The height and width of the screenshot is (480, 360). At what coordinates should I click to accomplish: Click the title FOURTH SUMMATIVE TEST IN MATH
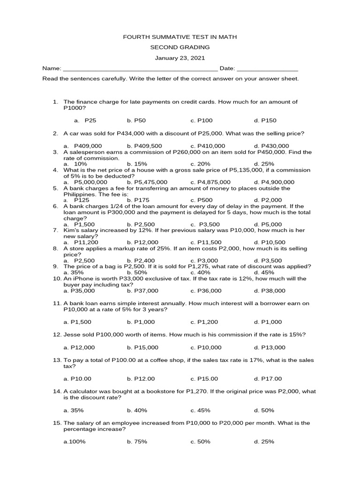pos(180,37)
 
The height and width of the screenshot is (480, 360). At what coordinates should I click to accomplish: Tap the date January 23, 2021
pos(180,58)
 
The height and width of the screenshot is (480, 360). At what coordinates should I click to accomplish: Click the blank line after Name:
pos(140,69)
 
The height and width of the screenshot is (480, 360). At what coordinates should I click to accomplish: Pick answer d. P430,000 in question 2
pos(271,146)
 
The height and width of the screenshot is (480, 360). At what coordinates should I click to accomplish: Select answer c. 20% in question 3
pos(201,164)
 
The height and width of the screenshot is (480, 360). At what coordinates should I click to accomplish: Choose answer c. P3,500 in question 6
pos(205,225)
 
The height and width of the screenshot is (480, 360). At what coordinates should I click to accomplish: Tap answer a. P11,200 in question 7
pos(81,242)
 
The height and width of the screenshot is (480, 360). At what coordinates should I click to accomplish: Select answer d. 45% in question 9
pos(264,272)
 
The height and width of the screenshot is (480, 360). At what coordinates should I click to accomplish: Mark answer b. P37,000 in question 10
pos(142,291)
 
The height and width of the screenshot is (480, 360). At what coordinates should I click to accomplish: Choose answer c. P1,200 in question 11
pos(206,322)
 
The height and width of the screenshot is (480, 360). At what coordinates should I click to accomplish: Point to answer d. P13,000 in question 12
pos(270,347)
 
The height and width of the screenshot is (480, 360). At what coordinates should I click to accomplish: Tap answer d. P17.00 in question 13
pos(268,379)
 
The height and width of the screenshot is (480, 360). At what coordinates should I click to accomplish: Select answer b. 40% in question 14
pos(137,410)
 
